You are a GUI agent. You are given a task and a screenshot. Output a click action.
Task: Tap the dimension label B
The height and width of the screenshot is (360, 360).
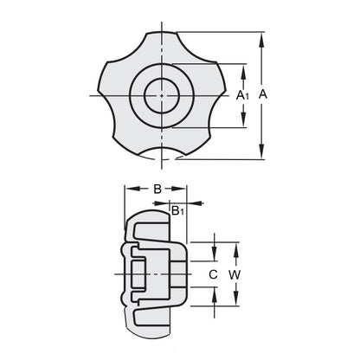(x=157, y=189)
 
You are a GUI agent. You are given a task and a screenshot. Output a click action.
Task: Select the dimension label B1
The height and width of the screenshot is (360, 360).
(x=177, y=210)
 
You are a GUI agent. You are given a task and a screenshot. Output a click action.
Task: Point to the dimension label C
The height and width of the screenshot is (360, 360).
(x=213, y=274)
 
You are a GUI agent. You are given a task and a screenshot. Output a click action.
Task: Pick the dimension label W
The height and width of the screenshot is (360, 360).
(x=235, y=274)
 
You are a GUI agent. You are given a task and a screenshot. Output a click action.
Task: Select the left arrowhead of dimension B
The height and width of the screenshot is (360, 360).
(x=129, y=189)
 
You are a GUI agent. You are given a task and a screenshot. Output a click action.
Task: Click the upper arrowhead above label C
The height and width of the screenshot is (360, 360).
(x=213, y=254)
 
